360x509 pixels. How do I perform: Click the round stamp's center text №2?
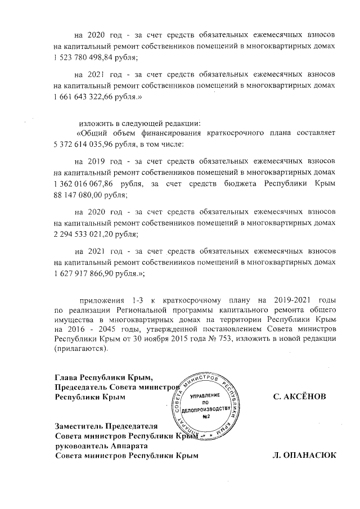(208, 416)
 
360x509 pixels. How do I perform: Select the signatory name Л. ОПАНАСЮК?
(304, 456)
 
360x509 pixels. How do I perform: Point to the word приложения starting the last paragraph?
(102, 300)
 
